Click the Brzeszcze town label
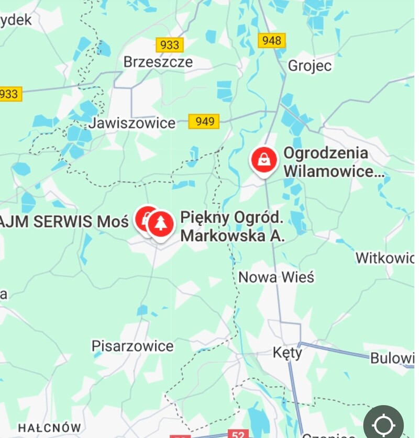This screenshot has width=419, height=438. pyautogui.click(x=158, y=62)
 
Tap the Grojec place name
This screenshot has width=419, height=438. pyautogui.click(x=310, y=66)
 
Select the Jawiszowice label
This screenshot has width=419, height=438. pyautogui.click(x=132, y=123)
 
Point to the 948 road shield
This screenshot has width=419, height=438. pyautogui.click(x=272, y=40)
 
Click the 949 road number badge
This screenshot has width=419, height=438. pyautogui.click(x=205, y=121)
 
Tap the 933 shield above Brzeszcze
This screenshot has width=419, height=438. pyautogui.click(x=170, y=45)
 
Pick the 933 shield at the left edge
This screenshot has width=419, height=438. pyautogui.click(x=9, y=94)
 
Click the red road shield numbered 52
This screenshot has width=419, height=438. pyautogui.click(x=238, y=434)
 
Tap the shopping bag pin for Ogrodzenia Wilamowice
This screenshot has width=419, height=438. pyautogui.click(x=264, y=160)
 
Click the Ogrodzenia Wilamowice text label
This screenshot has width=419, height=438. pyautogui.click(x=334, y=162)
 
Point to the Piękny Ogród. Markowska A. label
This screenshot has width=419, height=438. pyautogui.click(x=232, y=226)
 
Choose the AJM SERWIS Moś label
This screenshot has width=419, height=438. pyautogui.click(x=63, y=221)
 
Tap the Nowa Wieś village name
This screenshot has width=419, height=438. pyautogui.click(x=276, y=276)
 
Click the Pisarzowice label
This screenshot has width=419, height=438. pyautogui.click(x=133, y=346)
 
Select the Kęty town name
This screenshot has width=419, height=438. pyautogui.click(x=288, y=353)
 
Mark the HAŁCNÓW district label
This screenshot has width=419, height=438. pyautogui.click(x=50, y=428)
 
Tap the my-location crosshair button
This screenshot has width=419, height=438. pyautogui.click(x=383, y=423)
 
